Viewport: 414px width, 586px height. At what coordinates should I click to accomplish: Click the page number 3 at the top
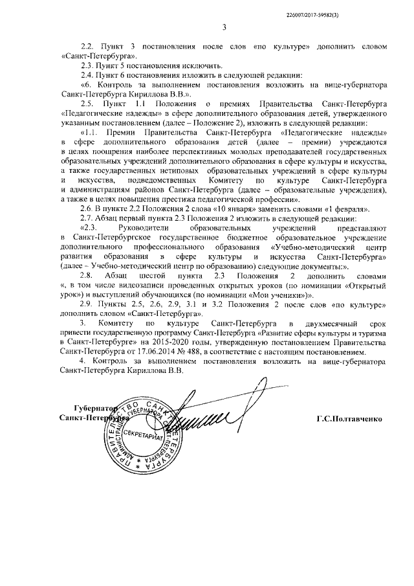click(x=224, y=27)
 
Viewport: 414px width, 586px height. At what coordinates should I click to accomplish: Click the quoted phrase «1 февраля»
click(x=343, y=208)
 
